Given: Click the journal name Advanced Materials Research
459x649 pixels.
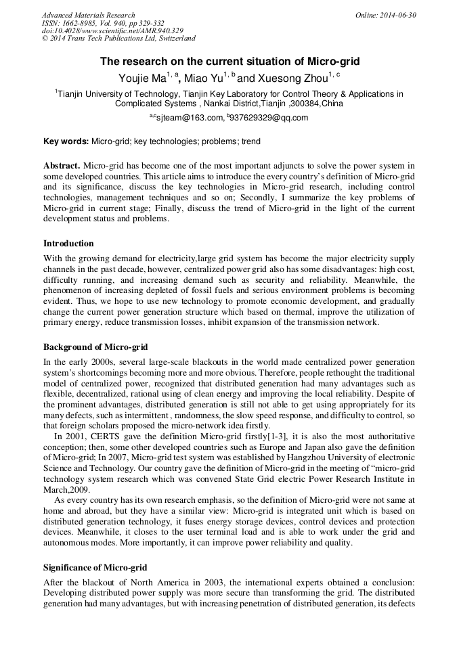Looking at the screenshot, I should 88,15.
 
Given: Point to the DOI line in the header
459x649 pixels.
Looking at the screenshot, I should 112,30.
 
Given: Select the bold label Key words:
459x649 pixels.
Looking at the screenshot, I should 66,142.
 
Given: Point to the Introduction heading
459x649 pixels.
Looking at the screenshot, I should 68,244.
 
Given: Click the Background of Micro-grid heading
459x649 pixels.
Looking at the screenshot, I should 95,347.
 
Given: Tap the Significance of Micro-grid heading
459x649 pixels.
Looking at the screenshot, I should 95,566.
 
